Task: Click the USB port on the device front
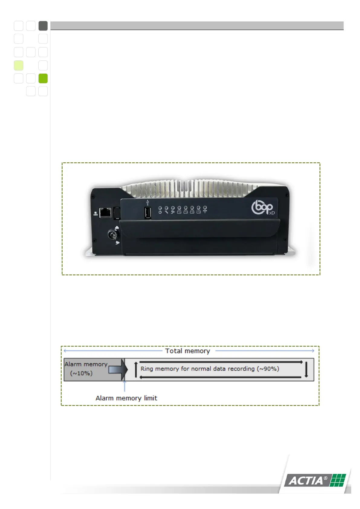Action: click(148, 213)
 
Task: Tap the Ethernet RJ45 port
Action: click(105, 212)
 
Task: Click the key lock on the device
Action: click(113, 235)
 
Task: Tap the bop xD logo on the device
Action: click(263, 207)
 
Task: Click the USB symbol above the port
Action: click(148, 202)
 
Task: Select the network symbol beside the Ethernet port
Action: click(96, 214)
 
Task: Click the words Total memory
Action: click(187, 351)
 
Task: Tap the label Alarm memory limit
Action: click(126, 398)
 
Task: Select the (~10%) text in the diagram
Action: click(81, 373)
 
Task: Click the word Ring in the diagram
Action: click(147, 369)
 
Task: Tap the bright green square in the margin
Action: click(43, 78)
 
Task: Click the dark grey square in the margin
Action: click(43, 26)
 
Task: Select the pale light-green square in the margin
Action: click(18, 65)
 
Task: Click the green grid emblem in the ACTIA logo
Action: click(337, 480)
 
